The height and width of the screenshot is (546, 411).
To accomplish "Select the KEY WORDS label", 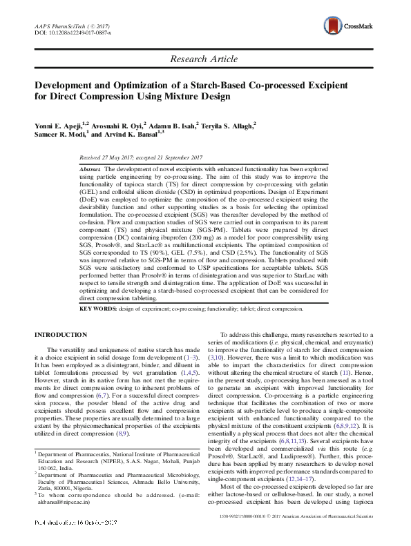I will tap(98, 309).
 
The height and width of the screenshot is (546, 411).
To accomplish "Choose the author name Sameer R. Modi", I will tap(61, 135).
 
